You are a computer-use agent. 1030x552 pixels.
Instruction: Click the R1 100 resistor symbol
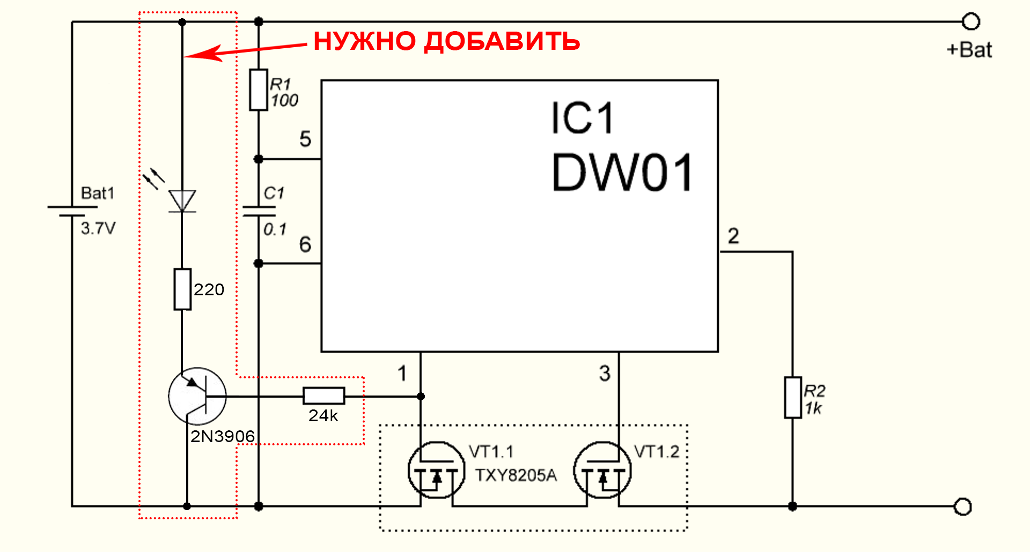(x=259, y=90)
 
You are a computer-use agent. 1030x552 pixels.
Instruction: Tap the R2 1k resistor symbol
(x=792, y=397)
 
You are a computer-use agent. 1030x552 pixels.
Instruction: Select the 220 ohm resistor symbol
(x=182, y=289)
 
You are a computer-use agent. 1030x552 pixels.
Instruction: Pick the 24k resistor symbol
(x=323, y=396)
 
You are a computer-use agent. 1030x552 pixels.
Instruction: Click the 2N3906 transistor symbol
(x=197, y=397)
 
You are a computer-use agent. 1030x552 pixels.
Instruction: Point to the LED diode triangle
(x=182, y=202)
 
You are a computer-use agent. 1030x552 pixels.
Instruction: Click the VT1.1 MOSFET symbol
(x=436, y=471)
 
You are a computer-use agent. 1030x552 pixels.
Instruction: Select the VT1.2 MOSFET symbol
(x=602, y=471)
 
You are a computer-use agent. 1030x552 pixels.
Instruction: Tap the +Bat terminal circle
(x=971, y=22)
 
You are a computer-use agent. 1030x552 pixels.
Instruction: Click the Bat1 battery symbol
(x=72, y=211)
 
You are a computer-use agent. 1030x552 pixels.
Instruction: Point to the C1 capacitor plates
(x=259, y=211)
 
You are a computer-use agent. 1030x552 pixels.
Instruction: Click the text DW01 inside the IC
(x=622, y=173)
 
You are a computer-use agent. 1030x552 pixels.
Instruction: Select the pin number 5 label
(x=305, y=139)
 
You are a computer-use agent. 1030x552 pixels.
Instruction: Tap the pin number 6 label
(x=305, y=245)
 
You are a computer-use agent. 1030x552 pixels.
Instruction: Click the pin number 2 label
(x=733, y=236)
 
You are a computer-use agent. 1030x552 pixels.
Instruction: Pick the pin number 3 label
(x=605, y=374)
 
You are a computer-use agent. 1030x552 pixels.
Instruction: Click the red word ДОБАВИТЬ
(x=502, y=41)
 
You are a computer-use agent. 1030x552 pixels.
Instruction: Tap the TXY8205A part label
(x=516, y=475)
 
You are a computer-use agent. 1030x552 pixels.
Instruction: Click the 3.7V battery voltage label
(x=98, y=229)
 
